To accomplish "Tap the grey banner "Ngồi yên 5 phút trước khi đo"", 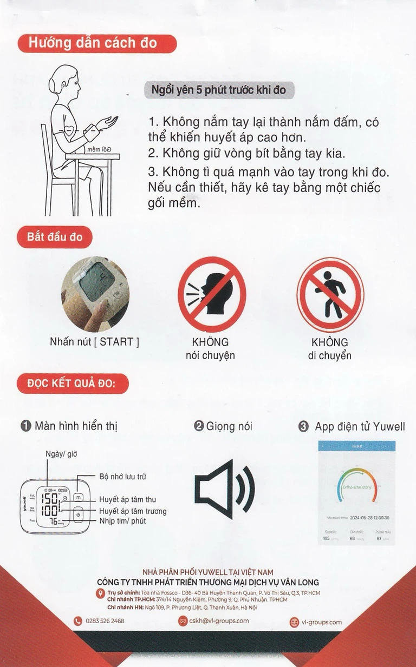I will pos(219,90).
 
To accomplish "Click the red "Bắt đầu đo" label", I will pos(55,237).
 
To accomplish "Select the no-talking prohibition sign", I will pos(212,295).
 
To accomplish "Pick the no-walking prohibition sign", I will pos(330,295).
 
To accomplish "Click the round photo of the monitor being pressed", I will pos(95,294).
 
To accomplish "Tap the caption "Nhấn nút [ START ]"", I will pos(94,342).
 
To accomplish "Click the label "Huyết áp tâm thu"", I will pos(127,499).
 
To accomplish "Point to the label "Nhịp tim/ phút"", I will pos(122,521).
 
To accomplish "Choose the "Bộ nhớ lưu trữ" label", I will pos(122,477).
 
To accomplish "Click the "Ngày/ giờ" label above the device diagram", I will pos(61,454).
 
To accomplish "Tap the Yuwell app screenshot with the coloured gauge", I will pos(356,492).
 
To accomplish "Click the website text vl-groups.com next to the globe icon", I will pos(321,622).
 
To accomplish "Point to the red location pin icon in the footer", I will pos(100,594).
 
